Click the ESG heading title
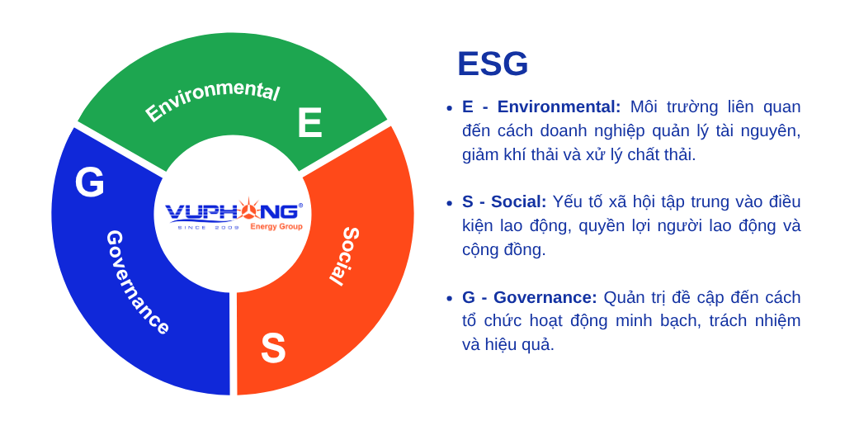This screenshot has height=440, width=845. [x=492, y=64]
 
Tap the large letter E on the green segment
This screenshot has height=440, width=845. [x=309, y=123]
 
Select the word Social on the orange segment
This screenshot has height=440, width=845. [x=345, y=255]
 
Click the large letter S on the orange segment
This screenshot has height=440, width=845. [x=273, y=348]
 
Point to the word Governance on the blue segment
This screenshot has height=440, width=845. [x=137, y=282]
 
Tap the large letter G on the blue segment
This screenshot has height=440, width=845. [x=89, y=182]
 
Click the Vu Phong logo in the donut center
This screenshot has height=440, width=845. [x=234, y=214]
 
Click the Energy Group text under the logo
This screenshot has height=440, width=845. [x=276, y=227]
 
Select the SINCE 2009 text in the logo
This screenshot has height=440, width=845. [x=208, y=227]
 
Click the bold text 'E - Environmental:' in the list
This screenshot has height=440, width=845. [x=541, y=106]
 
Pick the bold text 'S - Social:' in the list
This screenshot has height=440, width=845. [x=503, y=201]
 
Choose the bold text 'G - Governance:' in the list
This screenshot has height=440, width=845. [x=529, y=297]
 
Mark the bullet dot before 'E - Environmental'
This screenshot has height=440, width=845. [x=449, y=108]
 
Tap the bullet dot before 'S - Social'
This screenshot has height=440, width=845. [x=449, y=203]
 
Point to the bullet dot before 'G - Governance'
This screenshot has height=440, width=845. [x=449, y=298]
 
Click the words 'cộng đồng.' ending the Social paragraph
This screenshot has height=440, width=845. [x=503, y=249]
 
